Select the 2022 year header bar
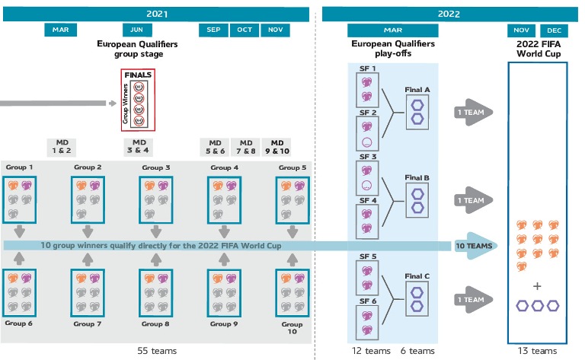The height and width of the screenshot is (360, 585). tap(448, 14)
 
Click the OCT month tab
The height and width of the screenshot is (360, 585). tap(245, 30)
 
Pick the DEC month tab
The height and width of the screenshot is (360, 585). tap(555, 30)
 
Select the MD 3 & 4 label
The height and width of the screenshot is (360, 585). tap(139, 146)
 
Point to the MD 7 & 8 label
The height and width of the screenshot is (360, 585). tap(245, 146)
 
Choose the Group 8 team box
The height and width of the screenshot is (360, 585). tap(157, 292)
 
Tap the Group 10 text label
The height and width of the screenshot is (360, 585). tap(292, 329)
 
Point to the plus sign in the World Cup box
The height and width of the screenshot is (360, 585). tap(537, 286)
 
